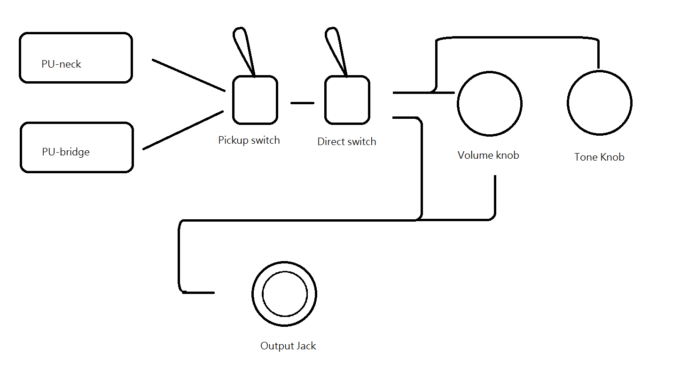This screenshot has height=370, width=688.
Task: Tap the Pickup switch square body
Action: click(x=255, y=100)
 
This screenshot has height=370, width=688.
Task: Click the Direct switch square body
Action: click(x=347, y=100)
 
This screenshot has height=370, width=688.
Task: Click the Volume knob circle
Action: click(x=490, y=104)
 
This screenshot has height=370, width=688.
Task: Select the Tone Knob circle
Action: click(x=599, y=102)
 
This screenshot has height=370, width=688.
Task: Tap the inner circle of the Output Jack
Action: click(x=284, y=294)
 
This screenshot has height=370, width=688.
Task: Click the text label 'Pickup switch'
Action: click(x=249, y=140)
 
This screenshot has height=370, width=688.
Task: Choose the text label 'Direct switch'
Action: click(x=346, y=141)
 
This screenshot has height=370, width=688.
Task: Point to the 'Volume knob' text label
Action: click(x=488, y=155)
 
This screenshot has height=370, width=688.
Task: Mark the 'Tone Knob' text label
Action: click(x=599, y=157)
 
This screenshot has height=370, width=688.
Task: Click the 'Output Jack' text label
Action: click(x=288, y=346)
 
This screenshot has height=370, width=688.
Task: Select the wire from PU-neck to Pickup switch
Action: click(x=188, y=75)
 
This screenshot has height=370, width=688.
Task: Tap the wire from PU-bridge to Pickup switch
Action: click(x=183, y=130)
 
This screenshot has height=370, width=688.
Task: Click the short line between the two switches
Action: click(x=302, y=103)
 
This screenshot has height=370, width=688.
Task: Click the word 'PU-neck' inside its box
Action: click(x=61, y=64)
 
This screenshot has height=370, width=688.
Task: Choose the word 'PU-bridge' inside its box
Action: click(x=65, y=152)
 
